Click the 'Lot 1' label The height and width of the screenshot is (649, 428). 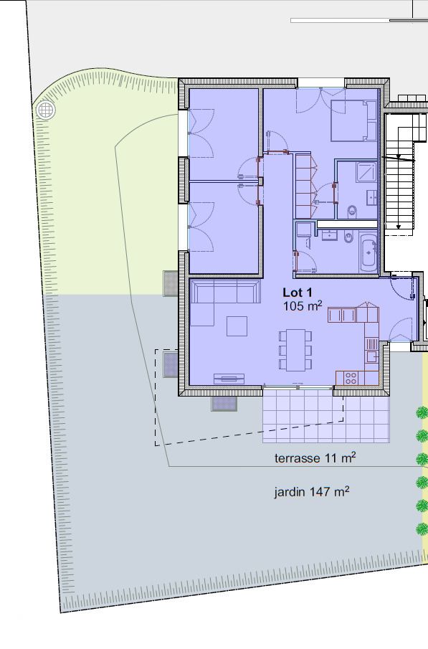click(298, 293)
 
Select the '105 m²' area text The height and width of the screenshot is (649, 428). click(303, 306)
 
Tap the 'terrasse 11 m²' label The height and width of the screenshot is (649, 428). click(315, 458)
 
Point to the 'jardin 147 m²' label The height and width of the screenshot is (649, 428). click(312, 492)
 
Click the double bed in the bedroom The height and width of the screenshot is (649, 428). click(352, 120)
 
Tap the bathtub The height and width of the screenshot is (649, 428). click(368, 253)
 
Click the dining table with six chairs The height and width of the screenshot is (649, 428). click(295, 350)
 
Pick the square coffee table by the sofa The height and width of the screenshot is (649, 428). click(237, 326)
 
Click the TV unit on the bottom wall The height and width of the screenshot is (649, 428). click(229, 379)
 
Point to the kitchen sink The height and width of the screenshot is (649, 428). click(371, 356)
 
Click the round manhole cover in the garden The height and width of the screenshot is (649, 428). click(46, 110)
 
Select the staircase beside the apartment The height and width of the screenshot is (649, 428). click(400, 172)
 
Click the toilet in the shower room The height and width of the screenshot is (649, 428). click(351, 211)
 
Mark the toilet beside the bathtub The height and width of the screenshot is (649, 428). click(347, 237)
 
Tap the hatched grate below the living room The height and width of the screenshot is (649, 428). click(224, 404)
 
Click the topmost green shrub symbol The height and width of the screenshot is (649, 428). click(422, 412)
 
